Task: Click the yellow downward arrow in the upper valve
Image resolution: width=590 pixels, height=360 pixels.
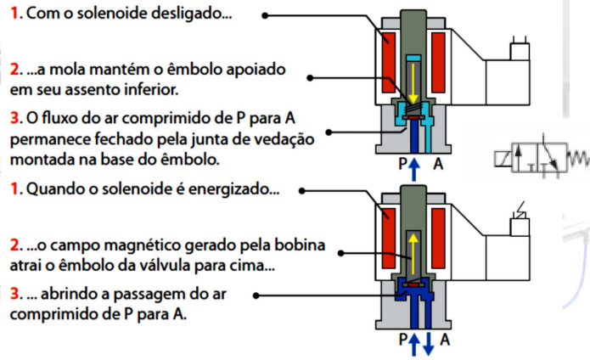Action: (413, 83)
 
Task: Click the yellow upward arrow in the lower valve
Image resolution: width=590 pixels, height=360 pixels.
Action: (413, 253)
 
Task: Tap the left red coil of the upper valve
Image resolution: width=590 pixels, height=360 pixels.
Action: (389, 63)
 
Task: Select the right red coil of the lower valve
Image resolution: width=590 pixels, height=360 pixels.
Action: (438, 238)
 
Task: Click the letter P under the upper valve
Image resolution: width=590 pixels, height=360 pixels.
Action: (402, 164)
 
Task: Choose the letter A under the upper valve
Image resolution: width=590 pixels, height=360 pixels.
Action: (438, 164)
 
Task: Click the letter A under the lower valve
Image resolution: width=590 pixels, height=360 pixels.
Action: (445, 340)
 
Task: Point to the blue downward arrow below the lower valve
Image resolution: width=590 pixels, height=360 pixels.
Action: (428, 344)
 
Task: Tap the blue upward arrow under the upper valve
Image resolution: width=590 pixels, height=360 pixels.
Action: (414, 170)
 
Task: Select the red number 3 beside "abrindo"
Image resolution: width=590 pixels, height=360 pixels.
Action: (15, 294)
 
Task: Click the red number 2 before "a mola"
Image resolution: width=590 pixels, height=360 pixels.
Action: (14, 70)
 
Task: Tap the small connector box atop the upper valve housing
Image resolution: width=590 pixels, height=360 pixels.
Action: (520, 52)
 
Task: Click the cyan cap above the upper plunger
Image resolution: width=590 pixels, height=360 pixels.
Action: (413, 59)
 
